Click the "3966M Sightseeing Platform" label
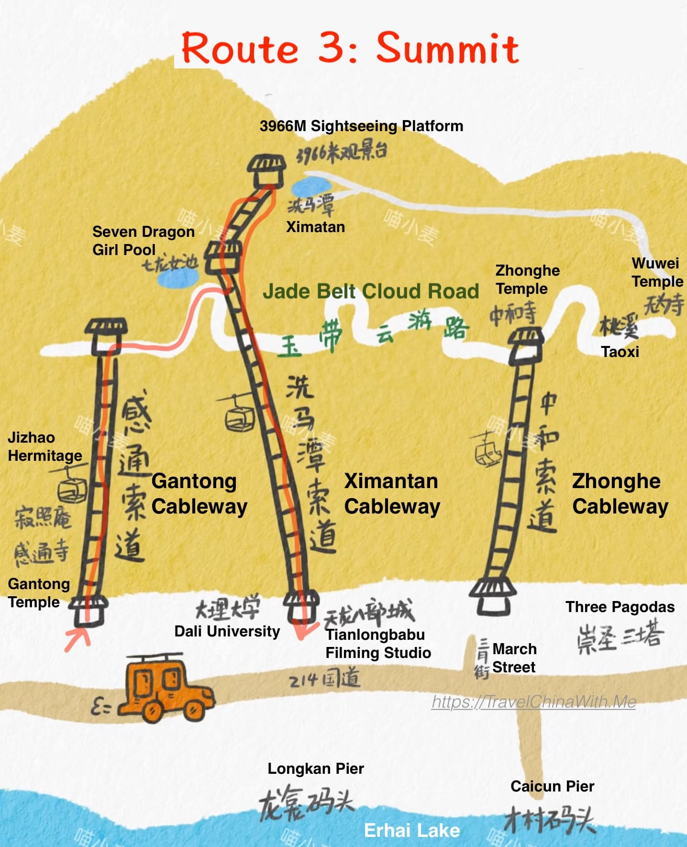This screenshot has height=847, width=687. pyautogui.click(x=361, y=126)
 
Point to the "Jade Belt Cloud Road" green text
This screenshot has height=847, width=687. pyautogui.click(x=371, y=291)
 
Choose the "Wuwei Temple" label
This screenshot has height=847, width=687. pyautogui.click(x=657, y=272)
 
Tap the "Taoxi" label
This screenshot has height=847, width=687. pyautogui.click(x=620, y=352)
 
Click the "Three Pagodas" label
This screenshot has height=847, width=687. pyautogui.click(x=620, y=607)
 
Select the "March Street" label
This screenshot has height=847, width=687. pyautogui.click(x=514, y=658)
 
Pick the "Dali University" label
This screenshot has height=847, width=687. pyautogui.click(x=227, y=631)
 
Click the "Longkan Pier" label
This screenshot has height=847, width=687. pyautogui.click(x=316, y=769)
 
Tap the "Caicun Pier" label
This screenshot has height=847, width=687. pyautogui.click(x=552, y=786)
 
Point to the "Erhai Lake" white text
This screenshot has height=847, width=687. pyautogui.click(x=412, y=830)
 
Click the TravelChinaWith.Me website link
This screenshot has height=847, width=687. pyautogui.click(x=533, y=702)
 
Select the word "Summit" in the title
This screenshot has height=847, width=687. pyautogui.click(x=447, y=48)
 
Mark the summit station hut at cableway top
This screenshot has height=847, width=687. pyautogui.click(x=267, y=171)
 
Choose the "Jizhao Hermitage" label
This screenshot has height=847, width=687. pyautogui.click(x=44, y=446)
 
